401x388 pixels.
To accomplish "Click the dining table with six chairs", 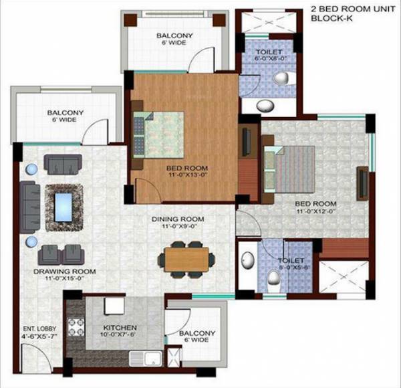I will pos(186,260).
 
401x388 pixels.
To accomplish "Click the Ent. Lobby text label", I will pos(41,329).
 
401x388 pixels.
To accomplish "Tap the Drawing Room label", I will pos(65,272).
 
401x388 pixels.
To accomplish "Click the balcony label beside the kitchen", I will pos(196,334).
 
